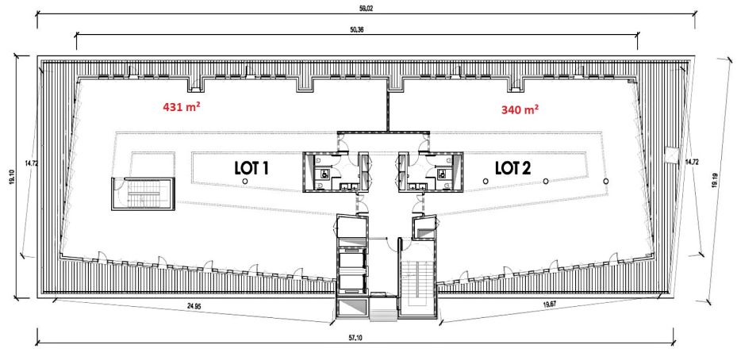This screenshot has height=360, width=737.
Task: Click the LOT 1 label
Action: point(251,168)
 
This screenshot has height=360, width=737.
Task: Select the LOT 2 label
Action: point(512,168)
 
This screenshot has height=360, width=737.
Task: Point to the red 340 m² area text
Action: point(520,110)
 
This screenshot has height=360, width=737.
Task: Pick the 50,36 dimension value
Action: point(357,29)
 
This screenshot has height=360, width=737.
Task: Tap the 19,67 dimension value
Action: point(550,304)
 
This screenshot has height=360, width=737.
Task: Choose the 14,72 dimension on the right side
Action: point(689,161)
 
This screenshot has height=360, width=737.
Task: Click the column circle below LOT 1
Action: point(245,181)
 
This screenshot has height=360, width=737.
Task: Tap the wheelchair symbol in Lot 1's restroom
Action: point(324,174)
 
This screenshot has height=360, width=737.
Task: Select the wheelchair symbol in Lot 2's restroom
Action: point(442,174)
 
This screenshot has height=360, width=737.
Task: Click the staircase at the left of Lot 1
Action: point(143,194)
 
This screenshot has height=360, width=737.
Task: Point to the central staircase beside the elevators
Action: point(417,281)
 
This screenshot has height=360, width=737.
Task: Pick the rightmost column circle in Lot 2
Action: point(606,181)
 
